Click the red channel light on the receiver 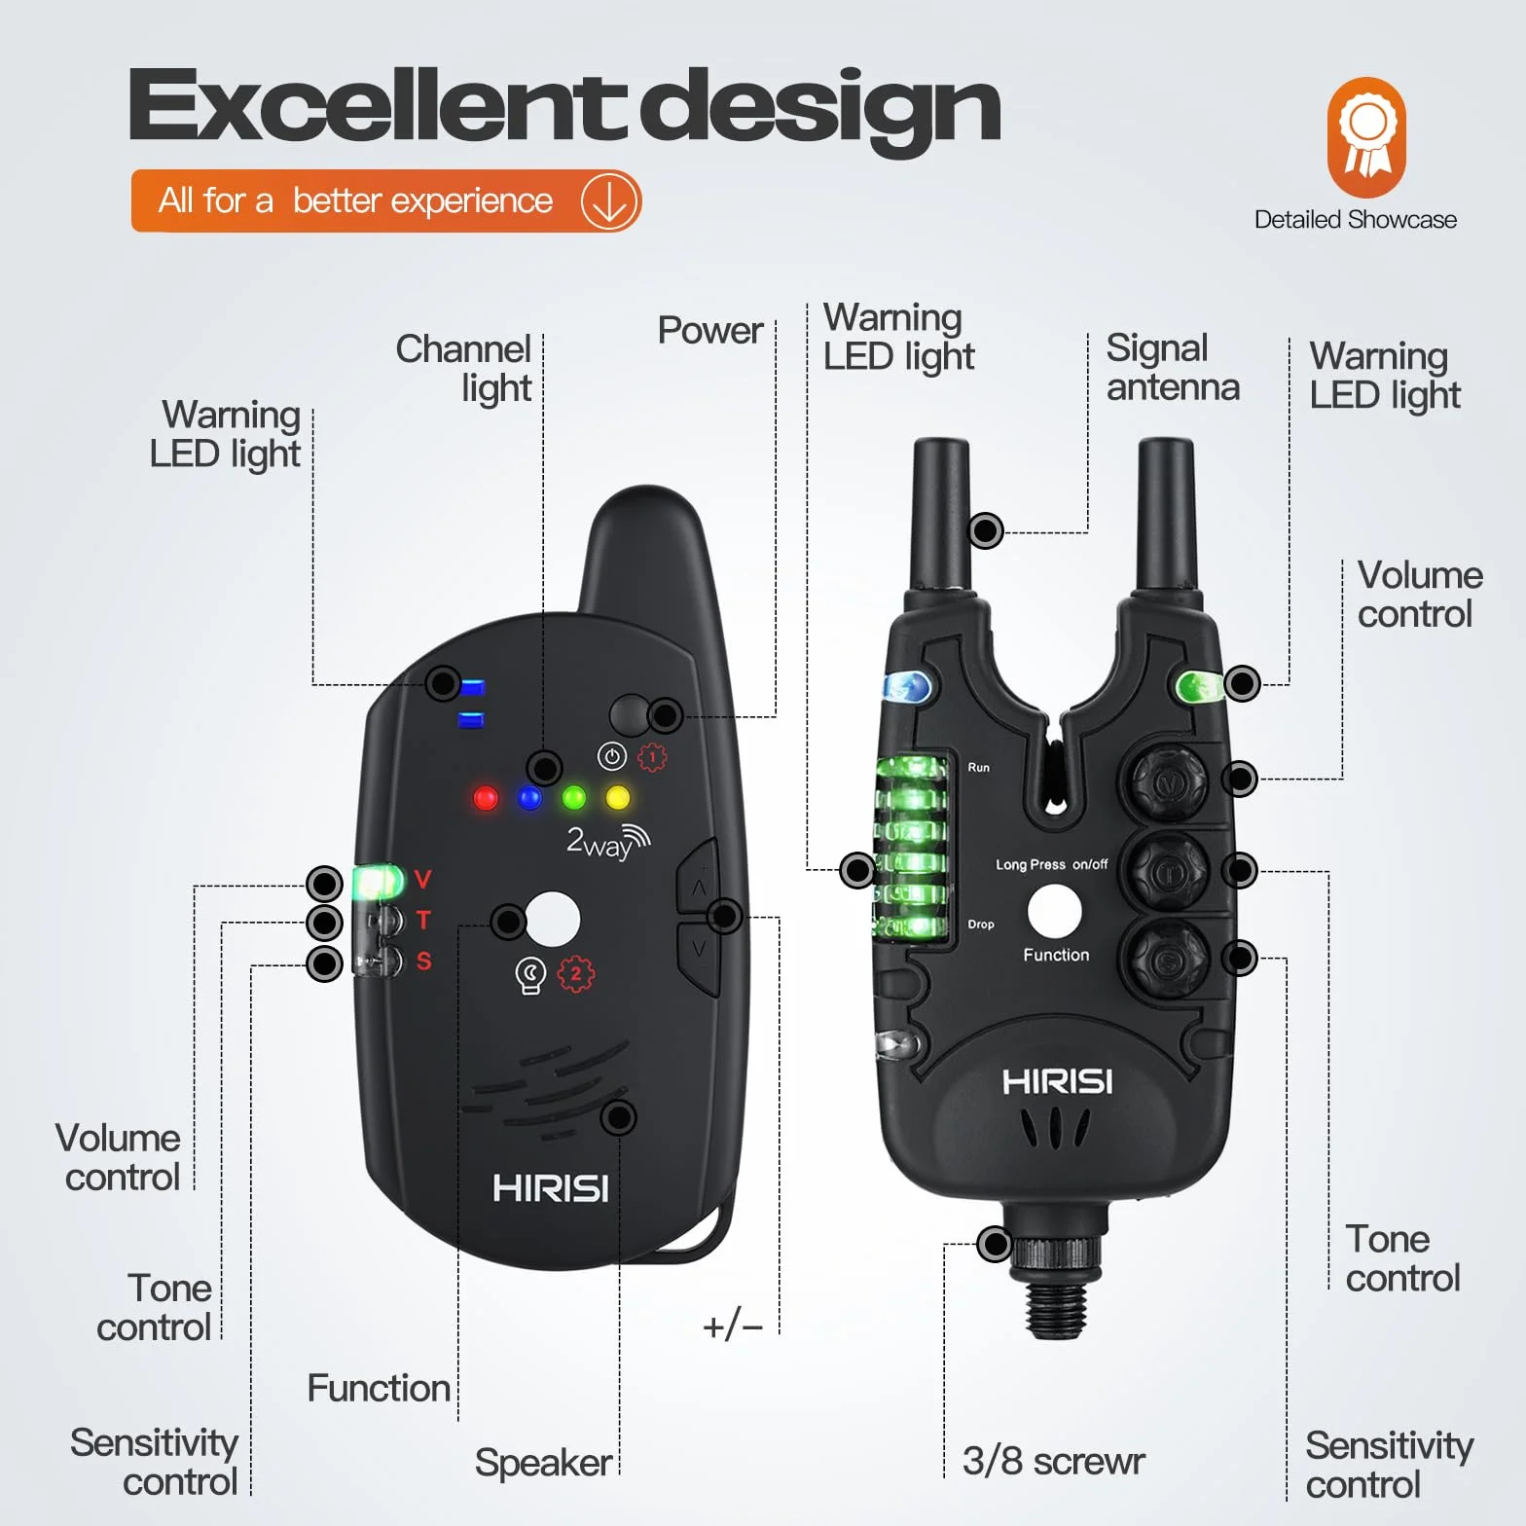point(486,799)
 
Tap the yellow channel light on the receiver point(618,798)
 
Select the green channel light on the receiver point(574,798)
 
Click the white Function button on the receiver point(553,919)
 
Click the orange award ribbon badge point(1366,137)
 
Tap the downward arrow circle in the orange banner point(609,201)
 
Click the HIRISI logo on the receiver point(551,1188)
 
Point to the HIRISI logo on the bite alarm point(1057,1082)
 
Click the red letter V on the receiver point(422,880)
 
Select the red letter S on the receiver point(423,962)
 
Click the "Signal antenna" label point(1173,367)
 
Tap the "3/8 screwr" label point(1053,1461)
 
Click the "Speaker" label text point(543,1463)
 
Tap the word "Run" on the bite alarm point(978,768)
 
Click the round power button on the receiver point(631,715)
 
